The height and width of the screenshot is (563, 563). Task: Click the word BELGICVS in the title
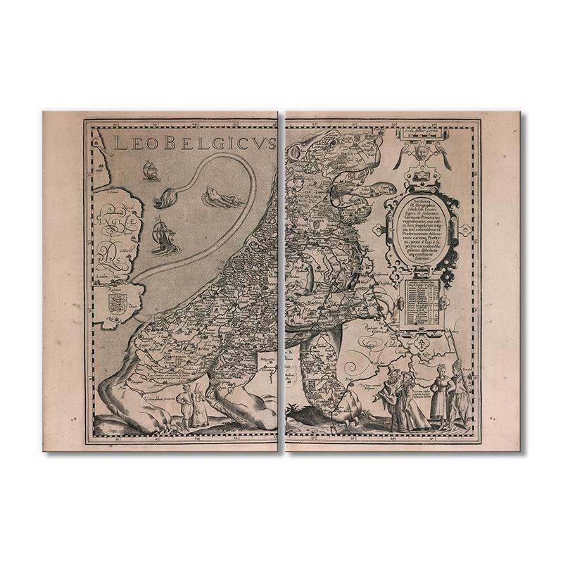coord(218,145)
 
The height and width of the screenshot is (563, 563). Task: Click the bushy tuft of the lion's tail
coord(163,199)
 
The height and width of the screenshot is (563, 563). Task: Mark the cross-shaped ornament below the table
coord(422,346)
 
